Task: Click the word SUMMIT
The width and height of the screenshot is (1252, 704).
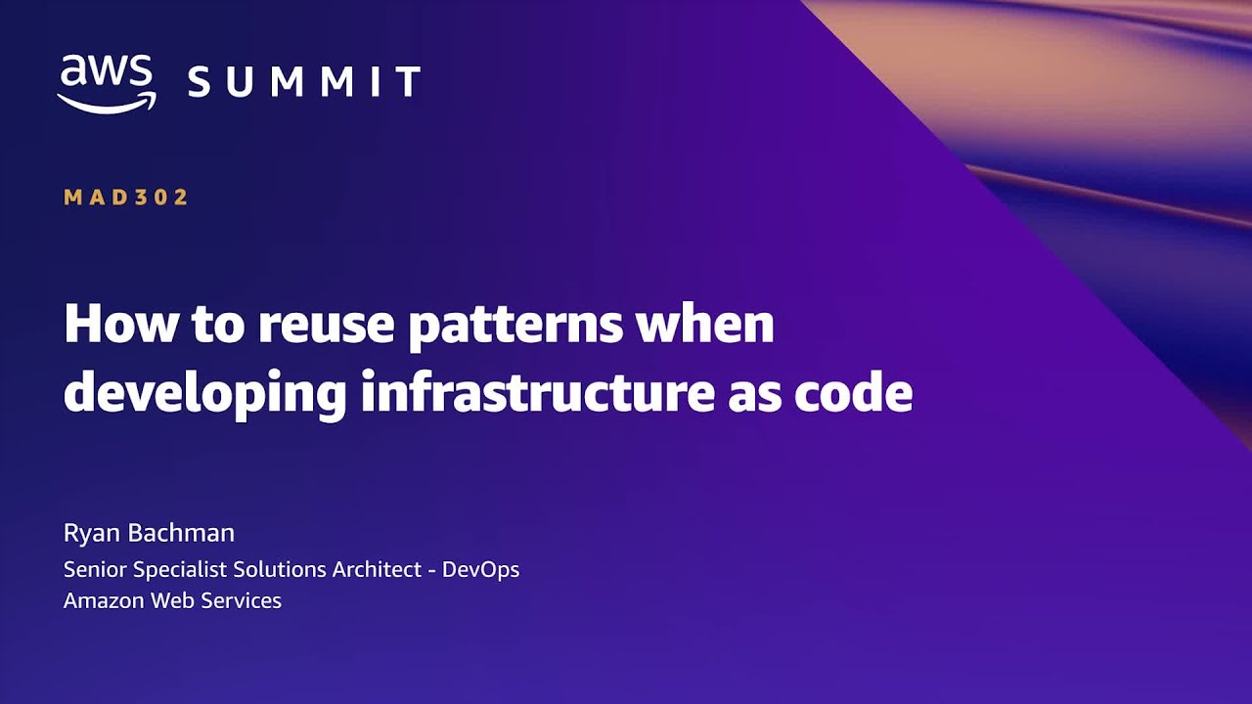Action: click(304, 82)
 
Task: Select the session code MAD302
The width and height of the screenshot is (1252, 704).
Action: click(126, 198)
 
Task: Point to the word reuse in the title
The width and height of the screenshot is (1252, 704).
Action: click(322, 324)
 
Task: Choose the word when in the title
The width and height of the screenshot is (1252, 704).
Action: click(704, 324)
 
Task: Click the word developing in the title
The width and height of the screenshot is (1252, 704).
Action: click(204, 394)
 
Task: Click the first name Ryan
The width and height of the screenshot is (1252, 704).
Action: click(90, 534)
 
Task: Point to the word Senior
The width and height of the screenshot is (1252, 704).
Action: click(95, 569)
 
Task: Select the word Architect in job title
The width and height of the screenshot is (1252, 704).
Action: click(375, 569)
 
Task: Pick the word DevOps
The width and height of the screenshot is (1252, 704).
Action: click(480, 570)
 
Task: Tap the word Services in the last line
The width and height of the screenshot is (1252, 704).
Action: click(244, 600)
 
